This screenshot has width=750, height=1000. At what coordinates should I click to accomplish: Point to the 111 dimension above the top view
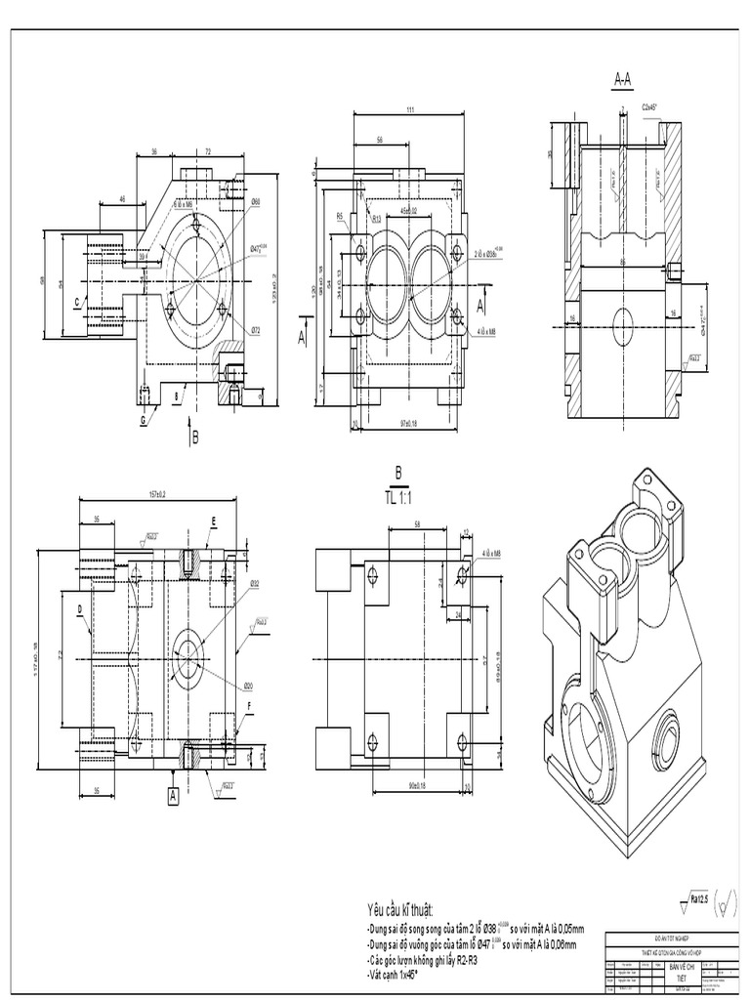410,108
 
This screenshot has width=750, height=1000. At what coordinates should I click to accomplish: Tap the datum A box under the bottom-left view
173,797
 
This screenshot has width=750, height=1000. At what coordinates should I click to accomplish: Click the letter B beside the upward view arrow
194,438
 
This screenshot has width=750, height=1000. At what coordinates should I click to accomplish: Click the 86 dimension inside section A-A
624,262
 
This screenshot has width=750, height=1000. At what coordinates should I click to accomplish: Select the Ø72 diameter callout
254,330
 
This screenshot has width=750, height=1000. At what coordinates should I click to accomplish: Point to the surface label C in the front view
75,303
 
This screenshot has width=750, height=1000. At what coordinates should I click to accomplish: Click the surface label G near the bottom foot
142,419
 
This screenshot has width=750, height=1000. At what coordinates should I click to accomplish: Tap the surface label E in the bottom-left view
211,522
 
